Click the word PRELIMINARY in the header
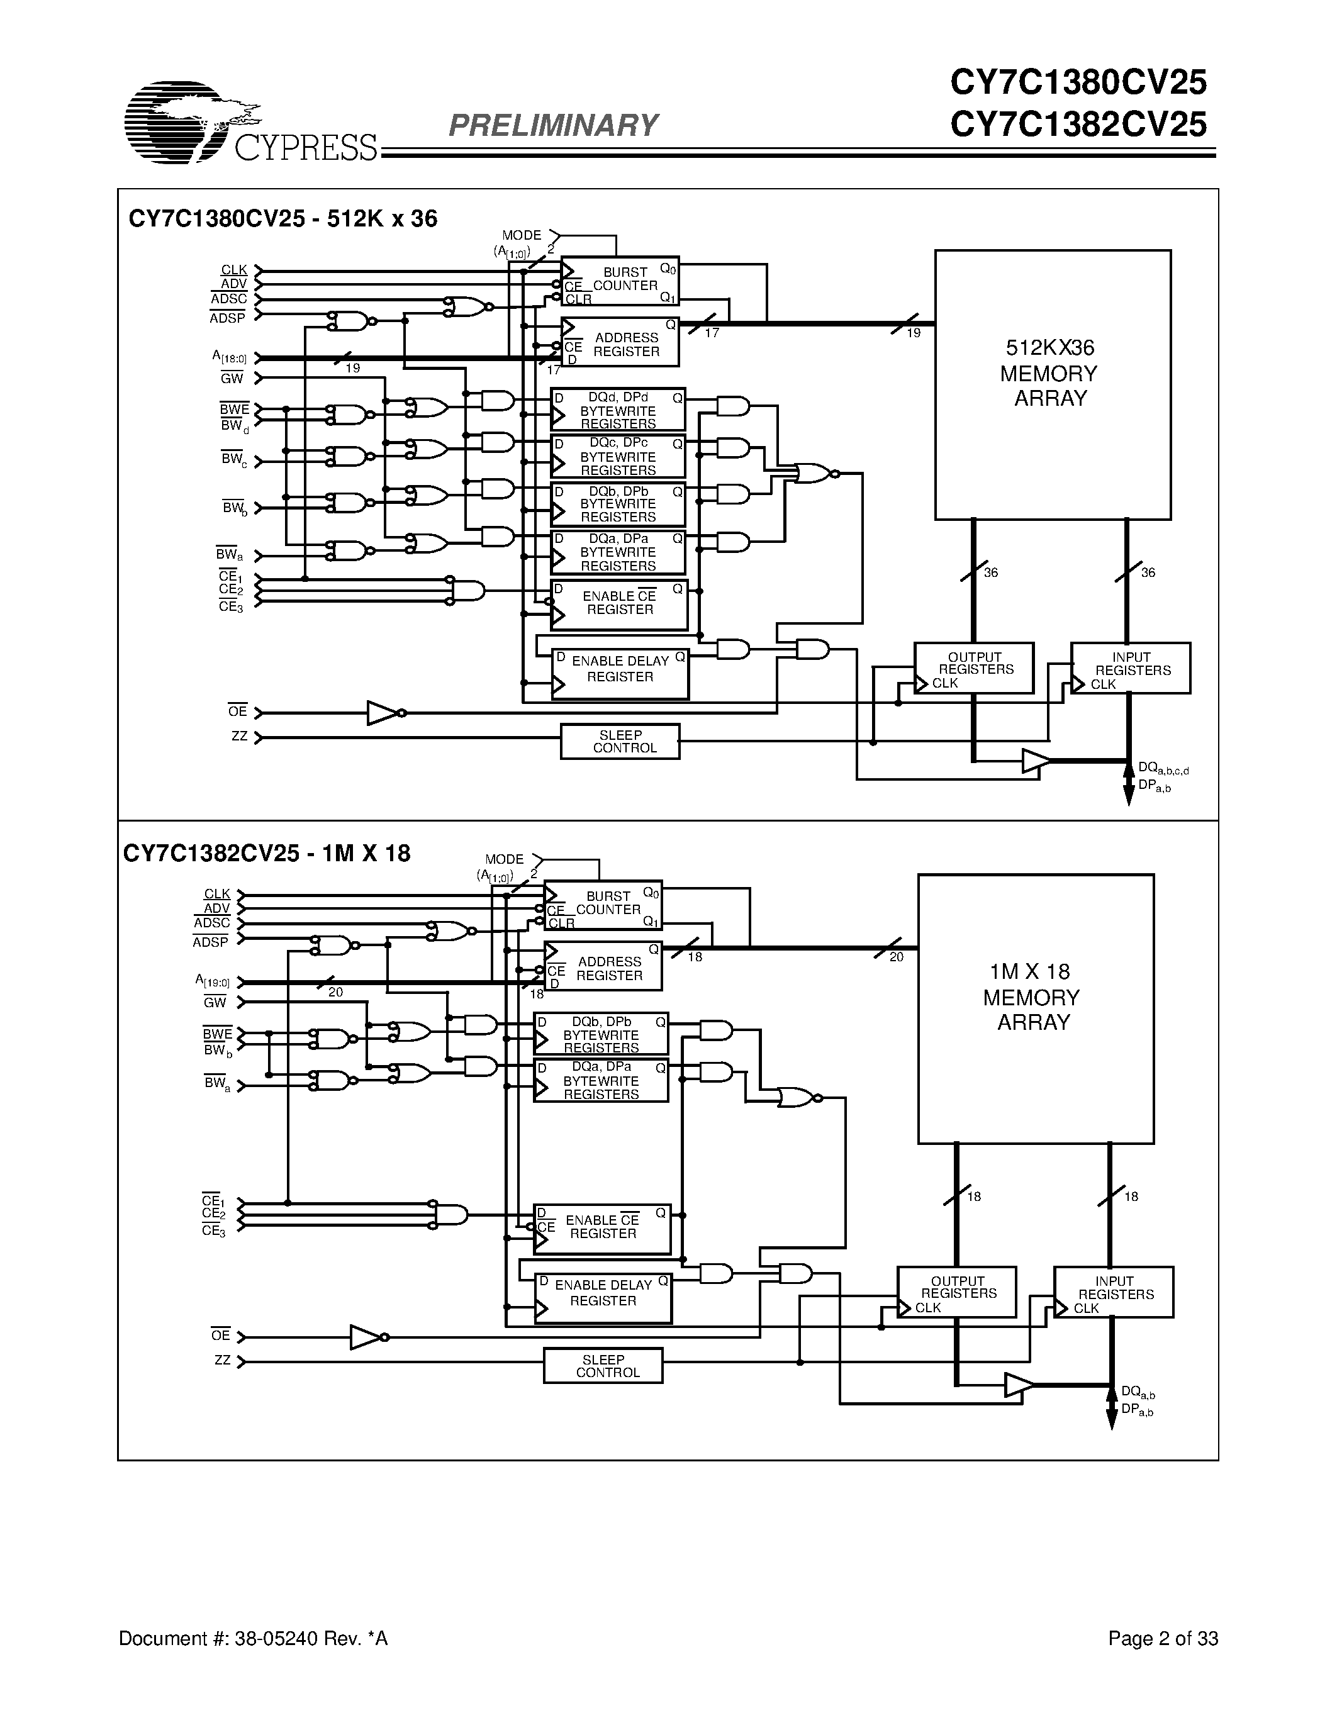[553, 125]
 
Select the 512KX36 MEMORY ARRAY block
[1052, 385]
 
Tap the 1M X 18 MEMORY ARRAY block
[1035, 1008]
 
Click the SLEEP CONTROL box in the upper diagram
[619, 742]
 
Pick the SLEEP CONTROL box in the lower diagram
[603, 1366]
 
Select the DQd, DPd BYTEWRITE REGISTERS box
[618, 410]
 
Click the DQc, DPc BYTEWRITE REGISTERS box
[618, 456]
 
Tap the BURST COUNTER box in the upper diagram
[619, 281]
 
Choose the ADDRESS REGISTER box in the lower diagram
[603, 967]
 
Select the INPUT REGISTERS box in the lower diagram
[1113, 1292]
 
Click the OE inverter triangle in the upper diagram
[383, 713]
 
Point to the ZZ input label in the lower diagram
[223, 1361]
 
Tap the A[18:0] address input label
[230, 358]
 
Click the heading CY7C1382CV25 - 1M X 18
[267, 854]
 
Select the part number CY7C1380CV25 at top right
[1078, 82]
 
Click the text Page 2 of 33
[1162, 1638]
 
